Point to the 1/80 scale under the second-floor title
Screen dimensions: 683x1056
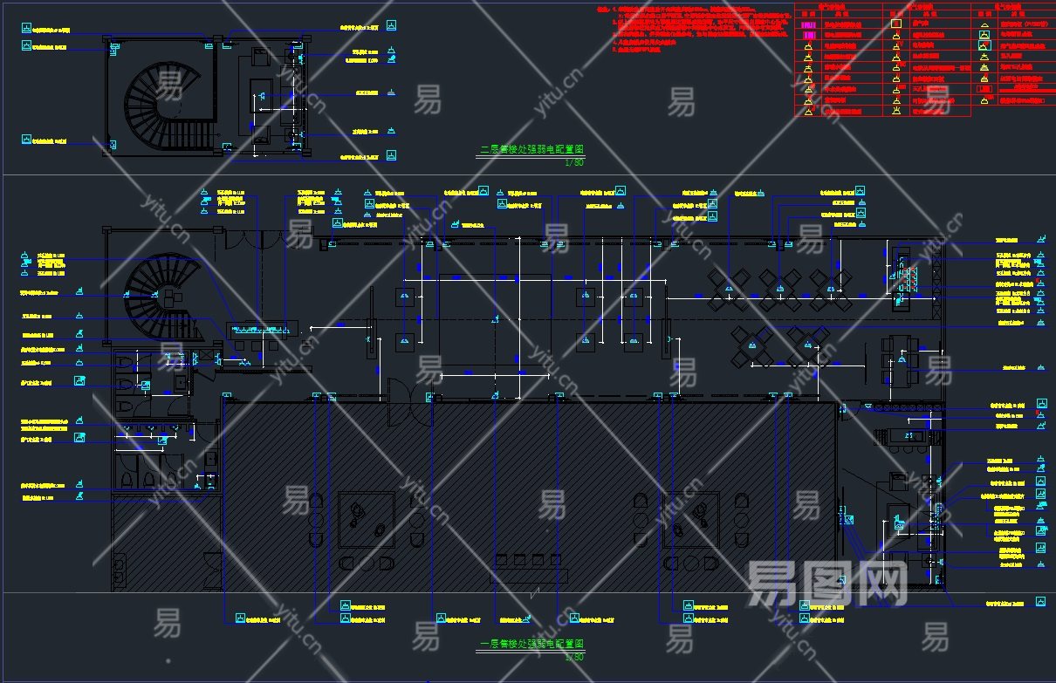pos(573,162)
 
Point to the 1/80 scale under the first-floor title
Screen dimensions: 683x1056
pos(573,656)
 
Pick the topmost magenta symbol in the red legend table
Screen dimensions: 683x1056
pos(808,25)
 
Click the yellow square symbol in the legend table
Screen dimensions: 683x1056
pos(895,24)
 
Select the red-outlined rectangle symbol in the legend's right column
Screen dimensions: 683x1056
pos(984,89)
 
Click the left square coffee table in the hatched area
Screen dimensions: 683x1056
pos(366,518)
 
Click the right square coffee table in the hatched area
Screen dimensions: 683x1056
pos(691,518)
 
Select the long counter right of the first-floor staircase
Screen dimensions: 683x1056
pos(263,329)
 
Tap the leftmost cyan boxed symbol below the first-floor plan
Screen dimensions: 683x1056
pos(238,618)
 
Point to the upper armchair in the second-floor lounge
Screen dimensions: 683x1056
pos(260,57)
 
